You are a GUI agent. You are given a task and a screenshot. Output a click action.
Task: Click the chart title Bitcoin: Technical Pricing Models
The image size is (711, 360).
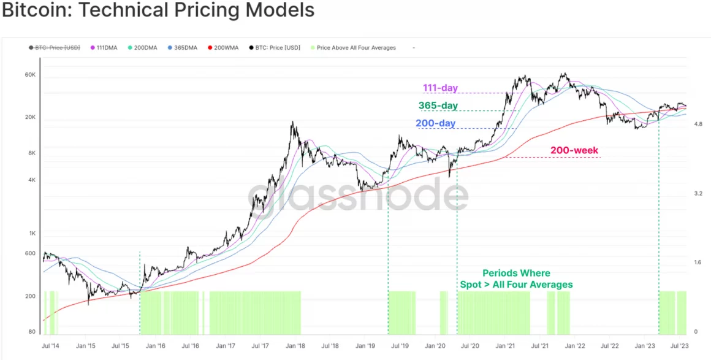[158, 10]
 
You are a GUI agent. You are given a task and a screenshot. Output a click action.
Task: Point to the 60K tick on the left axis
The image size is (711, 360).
[31, 75]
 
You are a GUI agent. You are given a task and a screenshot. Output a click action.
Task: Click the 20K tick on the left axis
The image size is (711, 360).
[31, 117]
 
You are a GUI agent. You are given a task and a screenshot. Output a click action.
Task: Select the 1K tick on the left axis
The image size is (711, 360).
[32, 233]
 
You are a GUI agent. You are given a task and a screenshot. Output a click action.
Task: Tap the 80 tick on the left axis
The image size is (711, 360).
[32, 332]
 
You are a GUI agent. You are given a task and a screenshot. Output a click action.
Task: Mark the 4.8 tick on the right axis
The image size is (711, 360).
[698, 124]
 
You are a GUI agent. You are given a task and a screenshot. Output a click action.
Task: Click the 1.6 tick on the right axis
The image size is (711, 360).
[698, 262]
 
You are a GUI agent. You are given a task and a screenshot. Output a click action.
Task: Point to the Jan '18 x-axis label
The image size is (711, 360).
[295, 346]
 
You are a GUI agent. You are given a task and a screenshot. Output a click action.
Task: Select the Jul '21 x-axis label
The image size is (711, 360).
[540, 346]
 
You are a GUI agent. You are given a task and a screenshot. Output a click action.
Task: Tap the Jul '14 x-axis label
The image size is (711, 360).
[51, 346]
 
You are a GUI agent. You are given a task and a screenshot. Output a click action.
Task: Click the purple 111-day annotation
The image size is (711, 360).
[440, 88]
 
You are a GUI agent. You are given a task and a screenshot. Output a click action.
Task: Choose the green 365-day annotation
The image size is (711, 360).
[438, 105]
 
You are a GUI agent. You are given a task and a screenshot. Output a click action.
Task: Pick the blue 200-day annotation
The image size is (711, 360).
[436, 123]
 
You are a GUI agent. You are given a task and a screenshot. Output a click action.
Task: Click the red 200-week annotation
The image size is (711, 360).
[574, 150]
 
